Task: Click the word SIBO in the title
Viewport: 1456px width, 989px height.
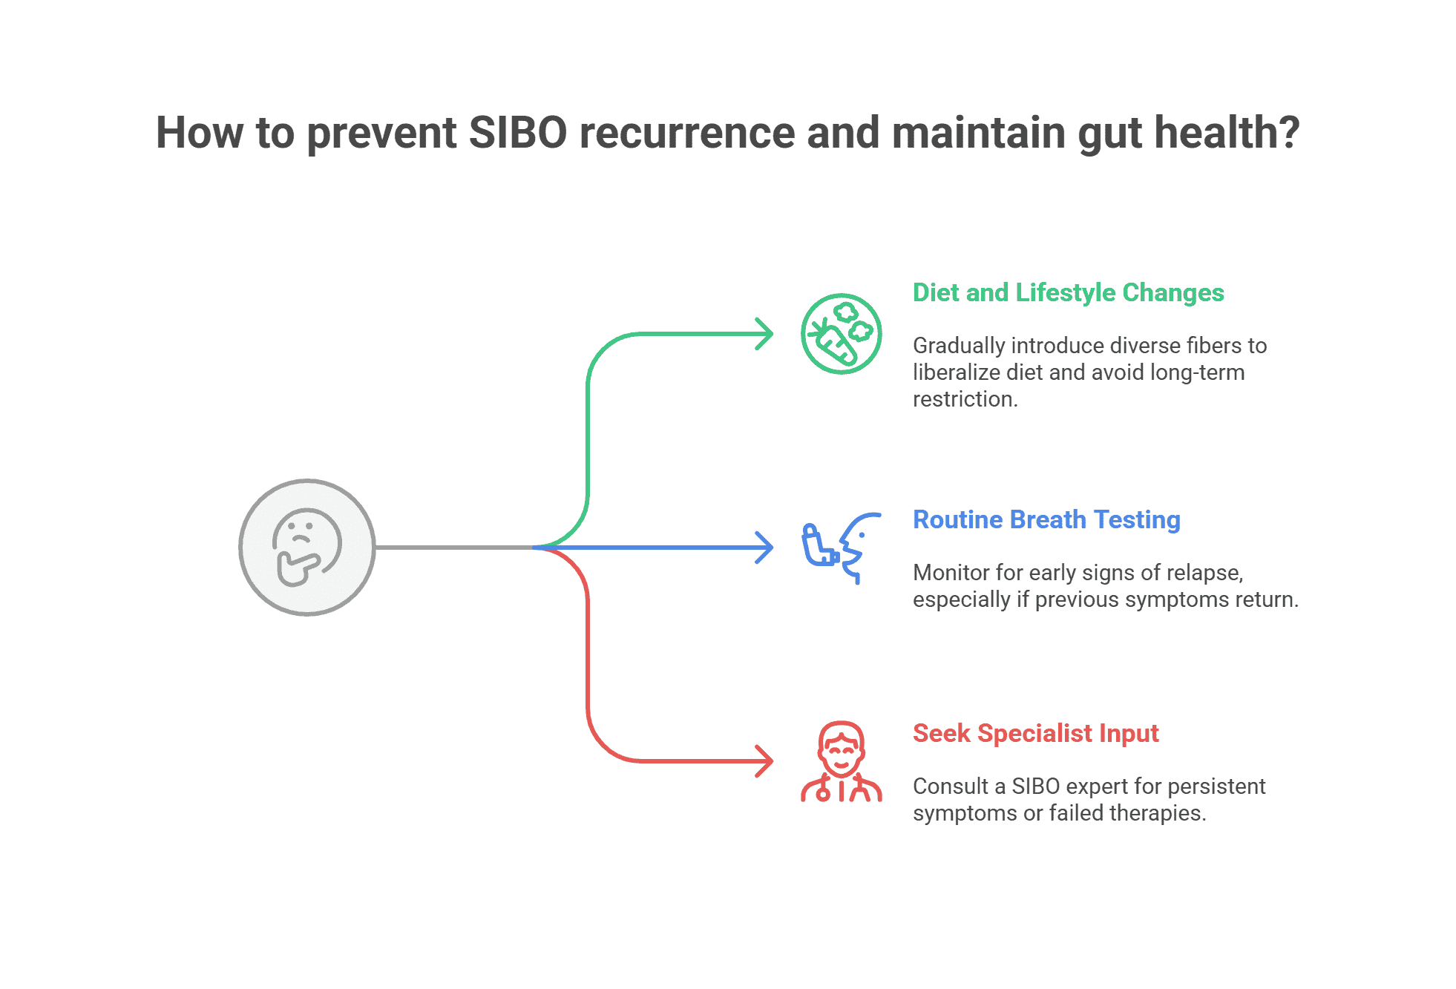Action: click(x=518, y=133)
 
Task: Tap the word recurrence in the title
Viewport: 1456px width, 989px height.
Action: click(x=687, y=133)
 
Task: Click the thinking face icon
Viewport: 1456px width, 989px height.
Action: click(x=307, y=548)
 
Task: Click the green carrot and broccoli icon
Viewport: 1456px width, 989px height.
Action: click(x=841, y=334)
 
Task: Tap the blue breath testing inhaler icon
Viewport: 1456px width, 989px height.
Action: click(x=841, y=548)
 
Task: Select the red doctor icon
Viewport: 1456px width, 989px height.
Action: click(x=841, y=761)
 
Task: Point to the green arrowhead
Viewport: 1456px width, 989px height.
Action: click(x=764, y=334)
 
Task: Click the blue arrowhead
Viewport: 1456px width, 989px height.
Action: click(x=764, y=548)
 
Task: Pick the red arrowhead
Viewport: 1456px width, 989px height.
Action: click(x=764, y=761)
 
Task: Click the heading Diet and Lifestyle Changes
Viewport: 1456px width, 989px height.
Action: click(x=1068, y=293)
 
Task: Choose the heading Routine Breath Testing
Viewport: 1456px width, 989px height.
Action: click(x=1046, y=520)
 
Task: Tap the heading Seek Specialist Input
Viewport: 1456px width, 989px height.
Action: click(x=1035, y=734)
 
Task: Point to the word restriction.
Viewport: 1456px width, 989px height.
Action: click(x=965, y=399)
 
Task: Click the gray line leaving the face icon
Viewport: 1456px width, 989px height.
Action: click(x=454, y=548)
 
